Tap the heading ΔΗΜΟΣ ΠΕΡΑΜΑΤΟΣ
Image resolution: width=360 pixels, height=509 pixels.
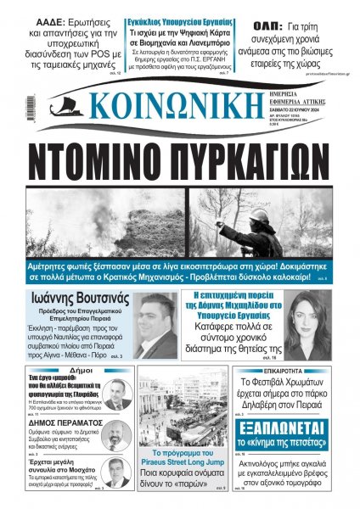54,419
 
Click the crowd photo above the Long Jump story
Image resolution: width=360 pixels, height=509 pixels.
183,407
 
